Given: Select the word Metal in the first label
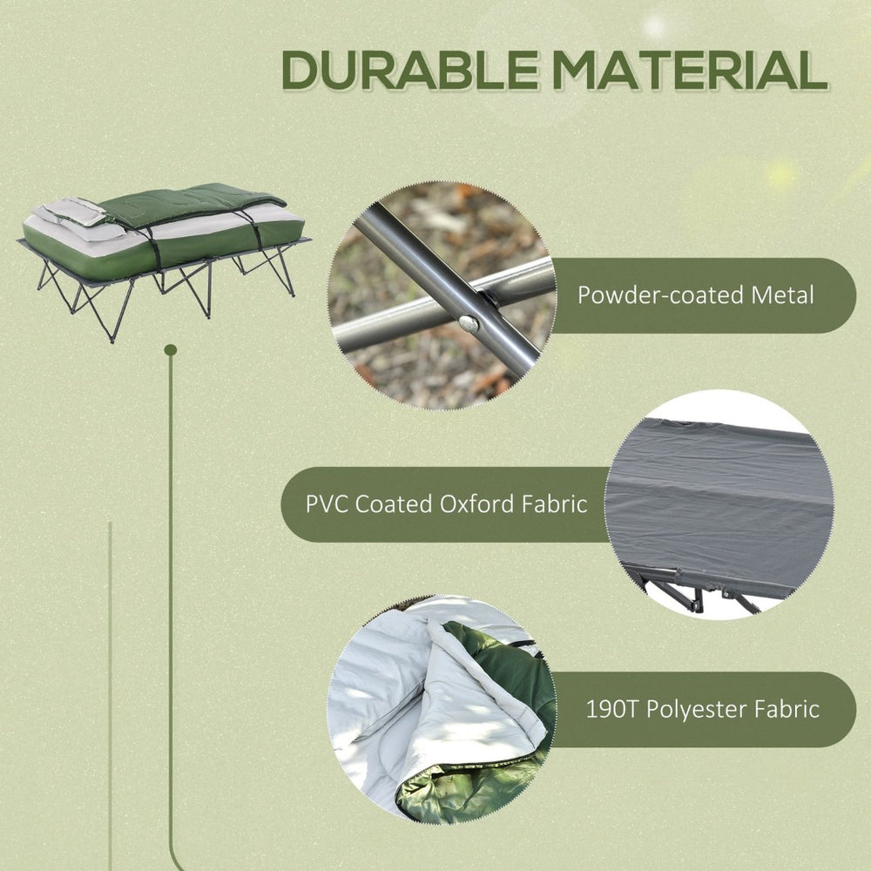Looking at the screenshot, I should pyautogui.click(x=782, y=295).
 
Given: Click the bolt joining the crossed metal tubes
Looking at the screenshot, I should pyautogui.click(x=469, y=323).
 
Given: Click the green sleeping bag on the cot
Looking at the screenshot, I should pyautogui.click(x=192, y=205).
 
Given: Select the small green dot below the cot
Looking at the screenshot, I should pyautogui.click(x=171, y=349).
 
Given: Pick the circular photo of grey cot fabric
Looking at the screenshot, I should pyautogui.click(x=719, y=504).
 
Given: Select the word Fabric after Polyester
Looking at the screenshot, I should pyautogui.click(x=788, y=709).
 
